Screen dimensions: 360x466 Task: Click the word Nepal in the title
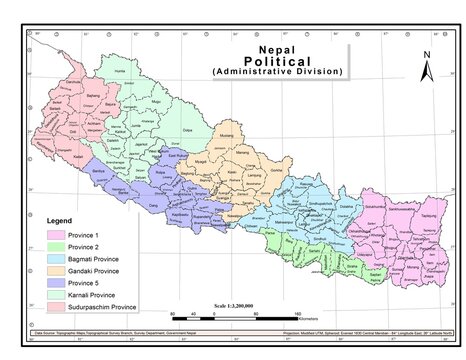(276, 47)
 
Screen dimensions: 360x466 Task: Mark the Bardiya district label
(98, 173)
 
